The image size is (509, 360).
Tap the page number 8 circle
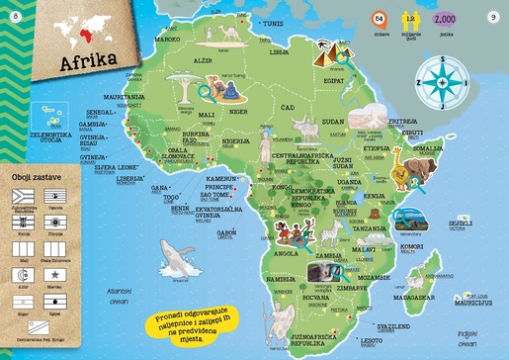[15, 16]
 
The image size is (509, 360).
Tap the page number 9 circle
[493, 16]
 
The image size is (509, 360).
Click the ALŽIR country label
[202, 60]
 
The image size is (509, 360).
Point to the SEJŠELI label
[459, 224]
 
